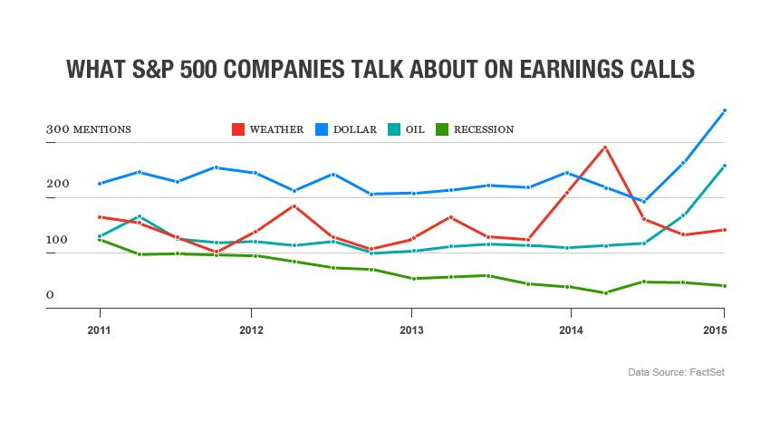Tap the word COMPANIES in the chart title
(x=283, y=69)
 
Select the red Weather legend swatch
(x=237, y=129)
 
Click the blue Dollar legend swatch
(x=322, y=129)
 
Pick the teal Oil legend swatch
(x=394, y=129)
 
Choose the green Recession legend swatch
(x=442, y=129)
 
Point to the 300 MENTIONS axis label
(x=89, y=129)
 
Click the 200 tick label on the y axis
(x=58, y=184)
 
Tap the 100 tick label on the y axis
(x=57, y=240)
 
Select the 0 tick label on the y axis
(x=50, y=295)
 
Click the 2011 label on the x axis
(x=99, y=330)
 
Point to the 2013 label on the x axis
(x=411, y=330)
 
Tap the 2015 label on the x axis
(x=715, y=330)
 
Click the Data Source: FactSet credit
(x=676, y=372)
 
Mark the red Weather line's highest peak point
(x=605, y=148)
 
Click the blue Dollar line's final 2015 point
(x=725, y=110)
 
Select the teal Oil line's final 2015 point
(x=725, y=166)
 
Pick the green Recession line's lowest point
(x=605, y=293)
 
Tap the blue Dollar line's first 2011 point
(x=100, y=184)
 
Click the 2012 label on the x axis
(x=251, y=330)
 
